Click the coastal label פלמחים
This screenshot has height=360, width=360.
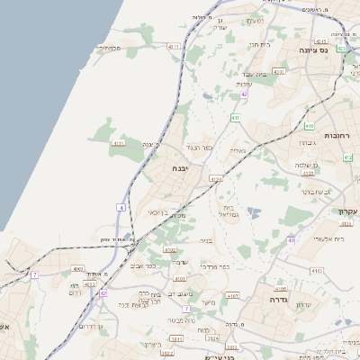coord(110,48)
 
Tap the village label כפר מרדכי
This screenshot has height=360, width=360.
coord(216,265)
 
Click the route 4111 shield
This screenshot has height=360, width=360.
coord(119,142)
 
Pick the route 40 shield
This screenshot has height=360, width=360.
coord(292,239)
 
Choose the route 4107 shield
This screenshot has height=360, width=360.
coord(233,294)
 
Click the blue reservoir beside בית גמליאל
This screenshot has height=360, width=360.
coord(254,213)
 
